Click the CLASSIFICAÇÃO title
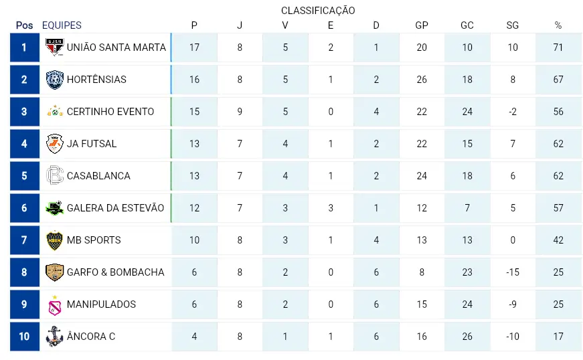[x=318, y=11]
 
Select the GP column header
[x=422, y=25]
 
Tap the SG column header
[x=512, y=25]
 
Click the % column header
[x=558, y=25]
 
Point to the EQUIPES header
[x=62, y=25]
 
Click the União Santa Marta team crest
[x=55, y=48]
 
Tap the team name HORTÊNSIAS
[x=96, y=80]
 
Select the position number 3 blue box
[x=25, y=112]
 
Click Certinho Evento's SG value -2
[x=512, y=112]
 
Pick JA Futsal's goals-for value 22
[x=422, y=144]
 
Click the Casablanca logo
[x=55, y=175]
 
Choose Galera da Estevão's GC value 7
[x=467, y=208]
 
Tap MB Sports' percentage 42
[x=558, y=240]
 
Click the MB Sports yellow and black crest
[x=55, y=240]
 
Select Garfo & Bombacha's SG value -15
[x=512, y=272]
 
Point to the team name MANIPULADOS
[x=102, y=304]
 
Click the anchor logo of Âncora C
[x=54, y=336]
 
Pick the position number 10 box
[x=25, y=337]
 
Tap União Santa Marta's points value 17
[x=194, y=48]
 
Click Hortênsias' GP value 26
[x=422, y=80]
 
